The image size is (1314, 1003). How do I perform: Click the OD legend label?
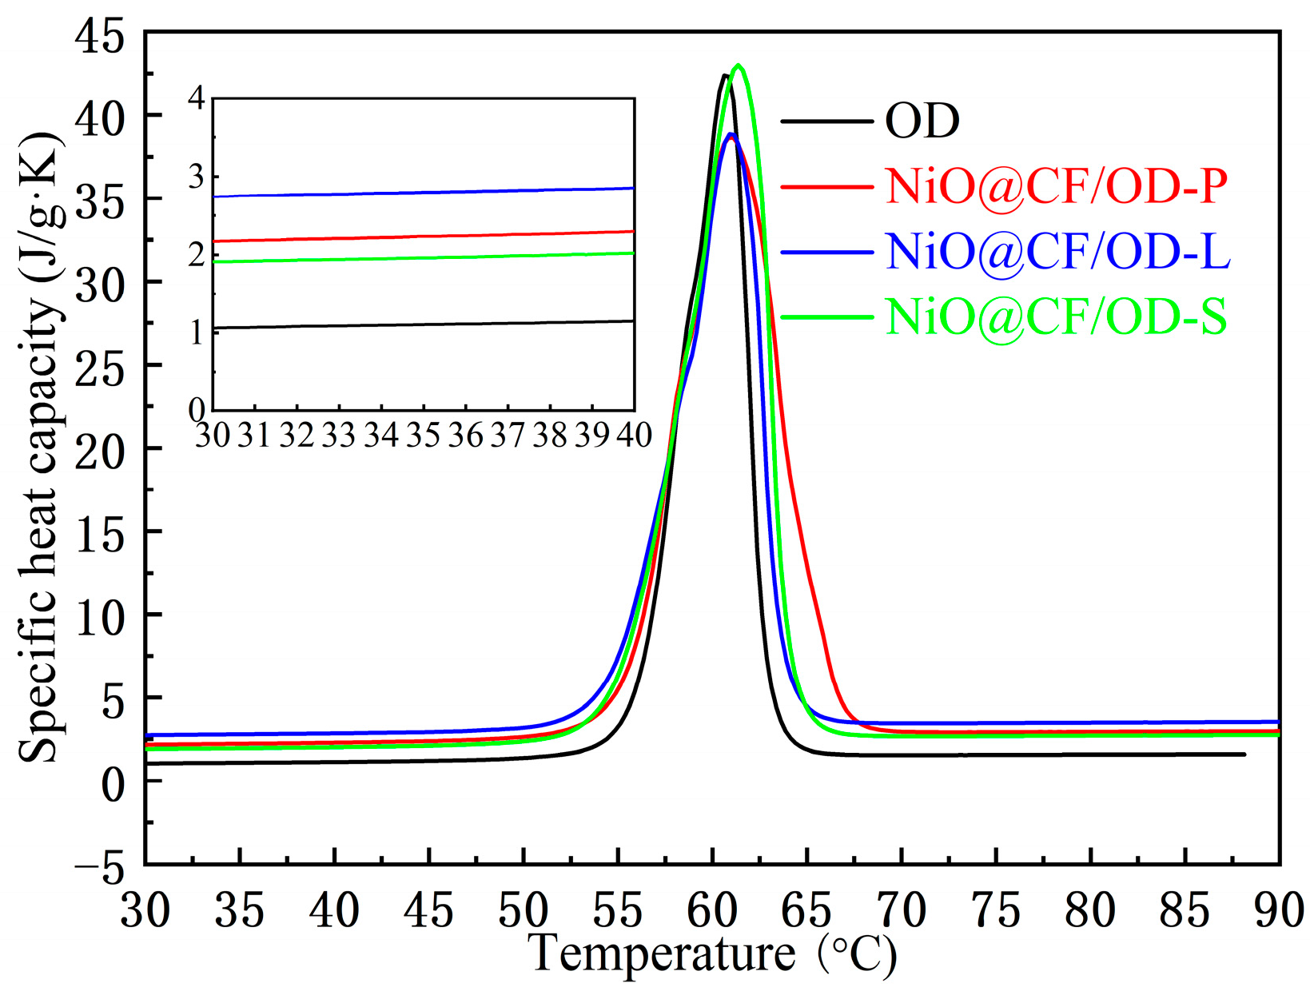coord(922,121)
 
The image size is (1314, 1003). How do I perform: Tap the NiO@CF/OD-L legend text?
coord(1057,252)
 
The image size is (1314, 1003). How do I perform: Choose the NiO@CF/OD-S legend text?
coord(1056,317)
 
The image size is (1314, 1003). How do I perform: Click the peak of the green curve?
coord(739,66)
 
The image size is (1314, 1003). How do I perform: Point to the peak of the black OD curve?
coord(724,75)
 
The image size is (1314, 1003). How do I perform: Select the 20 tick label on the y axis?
coord(100,450)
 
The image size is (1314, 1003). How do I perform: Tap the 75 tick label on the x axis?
coord(996,911)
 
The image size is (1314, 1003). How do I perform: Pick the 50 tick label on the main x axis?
coord(524,911)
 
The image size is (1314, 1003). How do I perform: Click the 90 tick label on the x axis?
coord(1277,911)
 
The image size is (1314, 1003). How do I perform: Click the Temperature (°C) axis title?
coord(712,954)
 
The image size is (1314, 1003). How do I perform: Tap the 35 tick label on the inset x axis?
coord(423,436)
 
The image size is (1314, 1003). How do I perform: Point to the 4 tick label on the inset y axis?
coord(197,98)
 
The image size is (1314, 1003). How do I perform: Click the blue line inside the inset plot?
coord(424,193)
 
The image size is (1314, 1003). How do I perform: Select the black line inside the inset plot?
coord(424,324)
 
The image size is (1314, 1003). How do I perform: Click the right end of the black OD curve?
coord(1244,754)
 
